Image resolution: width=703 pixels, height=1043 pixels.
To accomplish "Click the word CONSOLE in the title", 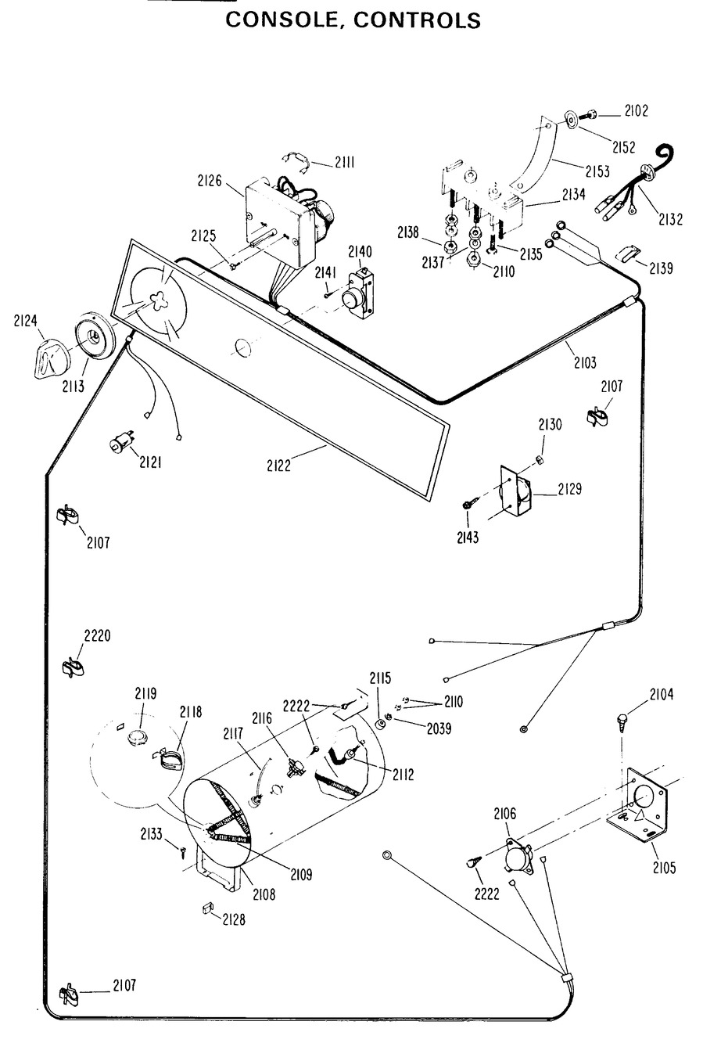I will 283,21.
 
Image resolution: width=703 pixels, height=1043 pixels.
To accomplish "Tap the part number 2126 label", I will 210,182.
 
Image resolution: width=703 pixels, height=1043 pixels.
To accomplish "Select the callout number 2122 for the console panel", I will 278,466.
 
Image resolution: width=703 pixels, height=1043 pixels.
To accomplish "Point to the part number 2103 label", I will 584,362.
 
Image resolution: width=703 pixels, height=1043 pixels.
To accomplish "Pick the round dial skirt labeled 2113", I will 94,338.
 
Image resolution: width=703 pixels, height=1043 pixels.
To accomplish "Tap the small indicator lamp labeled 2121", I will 119,444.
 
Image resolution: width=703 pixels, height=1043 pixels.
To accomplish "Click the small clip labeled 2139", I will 626,252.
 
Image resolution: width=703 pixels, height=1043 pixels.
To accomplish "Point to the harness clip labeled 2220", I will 73,666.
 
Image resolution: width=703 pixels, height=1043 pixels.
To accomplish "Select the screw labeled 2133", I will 182,850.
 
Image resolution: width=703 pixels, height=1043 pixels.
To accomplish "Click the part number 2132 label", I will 670,220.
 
